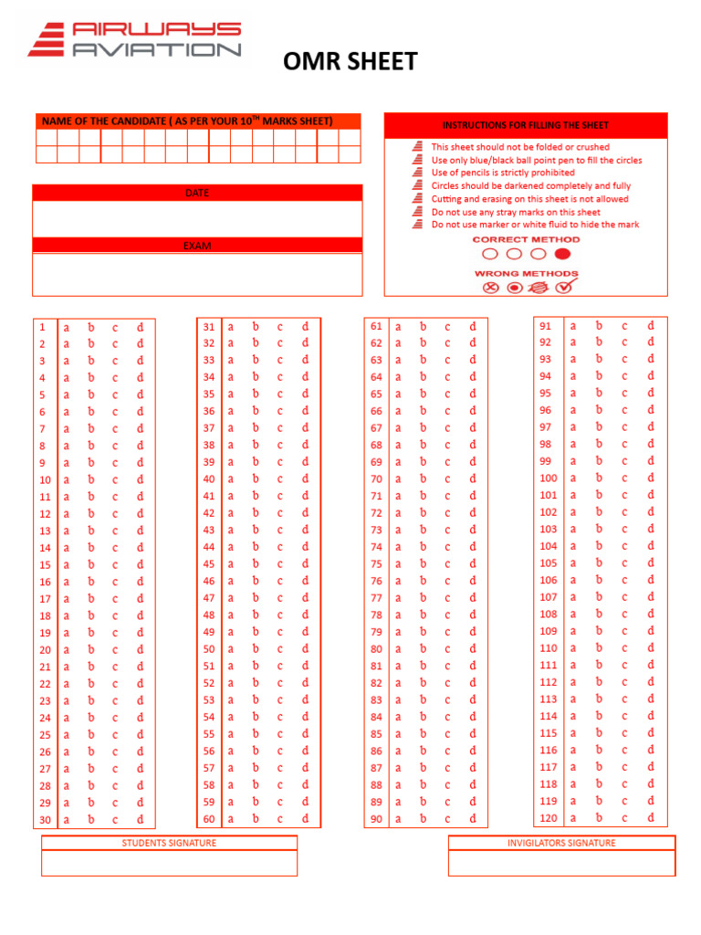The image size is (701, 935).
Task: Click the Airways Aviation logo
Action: click(134, 40)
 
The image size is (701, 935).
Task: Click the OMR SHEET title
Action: click(350, 61)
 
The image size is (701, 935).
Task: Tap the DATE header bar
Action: click(197, 193)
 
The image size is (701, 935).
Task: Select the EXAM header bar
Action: click(197, 246)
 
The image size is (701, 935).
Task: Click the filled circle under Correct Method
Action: click(562, 254)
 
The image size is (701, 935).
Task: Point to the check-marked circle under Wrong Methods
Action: click(563, 288)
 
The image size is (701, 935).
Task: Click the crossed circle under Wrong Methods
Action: click(490, 288)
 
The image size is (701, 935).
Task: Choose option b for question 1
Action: click(90, 327)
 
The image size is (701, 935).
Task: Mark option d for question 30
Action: click(140, 820)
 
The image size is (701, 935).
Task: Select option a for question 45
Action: click(231, 564)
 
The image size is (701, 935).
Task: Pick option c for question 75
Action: click(447, 564)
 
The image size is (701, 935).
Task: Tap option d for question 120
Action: click(651, 818)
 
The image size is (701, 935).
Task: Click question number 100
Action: click(548, 478)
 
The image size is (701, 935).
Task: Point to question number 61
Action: click(376, 326)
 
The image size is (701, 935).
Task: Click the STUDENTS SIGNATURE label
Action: click(169, 843)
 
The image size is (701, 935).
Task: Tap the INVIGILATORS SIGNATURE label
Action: click(561, 843)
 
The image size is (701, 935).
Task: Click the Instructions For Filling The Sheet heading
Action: click(525, 125)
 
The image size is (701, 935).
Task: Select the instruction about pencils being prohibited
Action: click(503, 173)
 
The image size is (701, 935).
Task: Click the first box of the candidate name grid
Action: click(47, 137)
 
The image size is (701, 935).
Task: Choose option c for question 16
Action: click(115, 582)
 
